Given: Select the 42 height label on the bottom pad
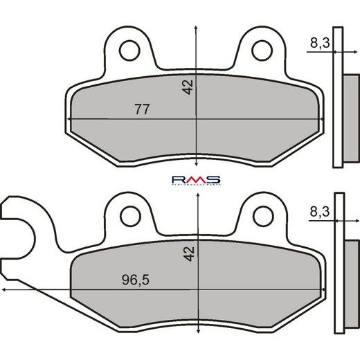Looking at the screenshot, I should [188, 255].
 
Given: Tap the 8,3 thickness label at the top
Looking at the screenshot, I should [319, 43].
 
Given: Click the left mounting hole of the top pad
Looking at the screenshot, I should [129, 50].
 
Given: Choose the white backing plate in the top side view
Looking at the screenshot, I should [337, 97].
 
